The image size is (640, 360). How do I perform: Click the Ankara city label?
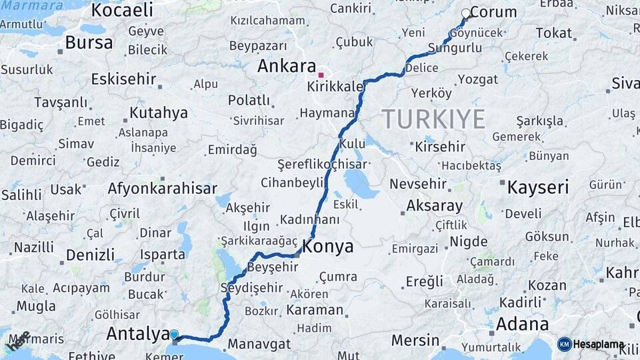pos(286,67)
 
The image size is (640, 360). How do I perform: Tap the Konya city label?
pos(328,247)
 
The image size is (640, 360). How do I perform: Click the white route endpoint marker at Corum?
pos(466,13)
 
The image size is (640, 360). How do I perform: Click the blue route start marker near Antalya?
pos(174,335)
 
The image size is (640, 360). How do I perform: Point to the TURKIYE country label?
pos(433,119)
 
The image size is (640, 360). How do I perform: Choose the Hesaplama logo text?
pos(599,345)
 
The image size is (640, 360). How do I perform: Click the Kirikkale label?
pos(335,87)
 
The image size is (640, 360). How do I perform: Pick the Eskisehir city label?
pos(123,79)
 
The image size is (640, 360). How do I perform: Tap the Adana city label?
pos(523,325)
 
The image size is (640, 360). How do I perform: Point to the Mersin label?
pos(415,340)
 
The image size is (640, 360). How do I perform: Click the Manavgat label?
pos(259,345)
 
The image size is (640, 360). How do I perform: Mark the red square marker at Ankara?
pos(321,75)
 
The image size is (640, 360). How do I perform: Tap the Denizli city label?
pos(91,255)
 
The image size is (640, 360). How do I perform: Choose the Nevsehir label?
pos(421,183)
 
